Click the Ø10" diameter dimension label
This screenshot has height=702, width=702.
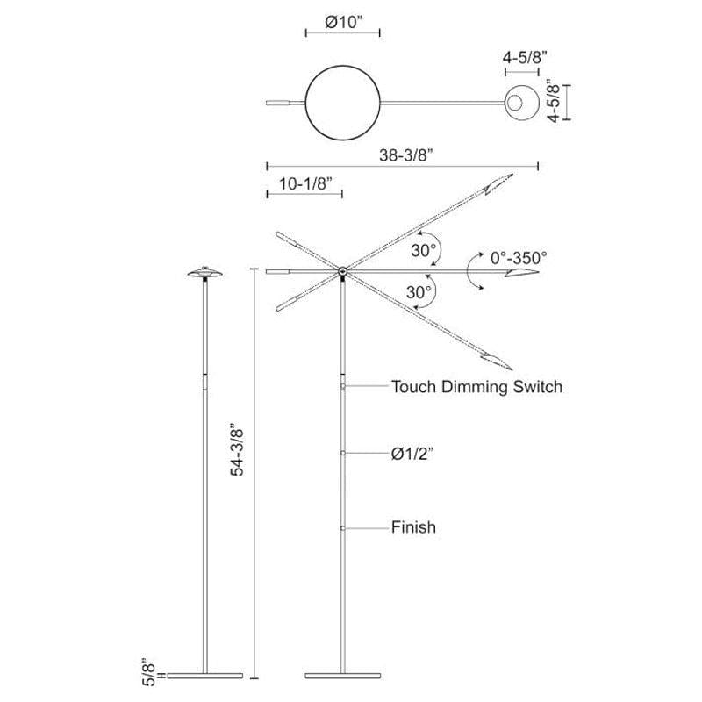343,22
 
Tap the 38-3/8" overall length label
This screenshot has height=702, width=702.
406,155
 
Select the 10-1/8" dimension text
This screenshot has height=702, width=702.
305,183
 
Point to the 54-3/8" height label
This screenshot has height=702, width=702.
237,449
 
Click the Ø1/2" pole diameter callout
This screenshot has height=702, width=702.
412,454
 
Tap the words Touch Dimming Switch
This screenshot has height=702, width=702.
476,386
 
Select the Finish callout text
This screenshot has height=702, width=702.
413,527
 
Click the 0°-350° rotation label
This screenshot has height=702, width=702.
519,258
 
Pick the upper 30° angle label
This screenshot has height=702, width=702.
424,251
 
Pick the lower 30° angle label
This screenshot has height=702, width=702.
419,292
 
